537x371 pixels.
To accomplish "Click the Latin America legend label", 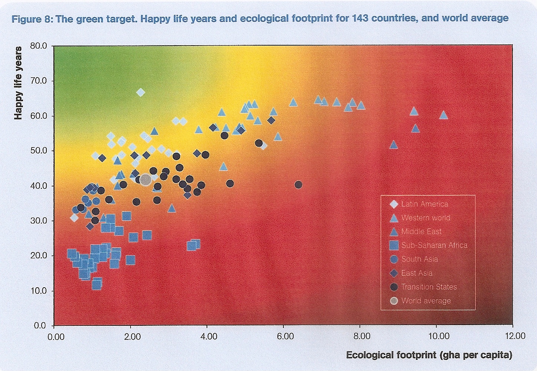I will pos(425,204).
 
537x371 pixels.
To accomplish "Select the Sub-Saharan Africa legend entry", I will pos(434,245).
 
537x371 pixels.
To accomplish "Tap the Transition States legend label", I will pos(429,287).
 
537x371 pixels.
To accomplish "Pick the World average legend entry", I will pos(426,301).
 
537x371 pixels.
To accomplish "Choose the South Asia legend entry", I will pos(419,259).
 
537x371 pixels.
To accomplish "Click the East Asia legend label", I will pos(417,273).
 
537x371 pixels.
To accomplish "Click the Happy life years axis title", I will pos(18,83).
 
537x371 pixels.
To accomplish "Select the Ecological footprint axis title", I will pos(429,355).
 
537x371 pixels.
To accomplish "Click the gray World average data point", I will pos(145,180).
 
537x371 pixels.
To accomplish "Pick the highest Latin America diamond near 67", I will pos(140,92).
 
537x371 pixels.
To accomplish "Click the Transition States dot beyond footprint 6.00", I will pos(298,185).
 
